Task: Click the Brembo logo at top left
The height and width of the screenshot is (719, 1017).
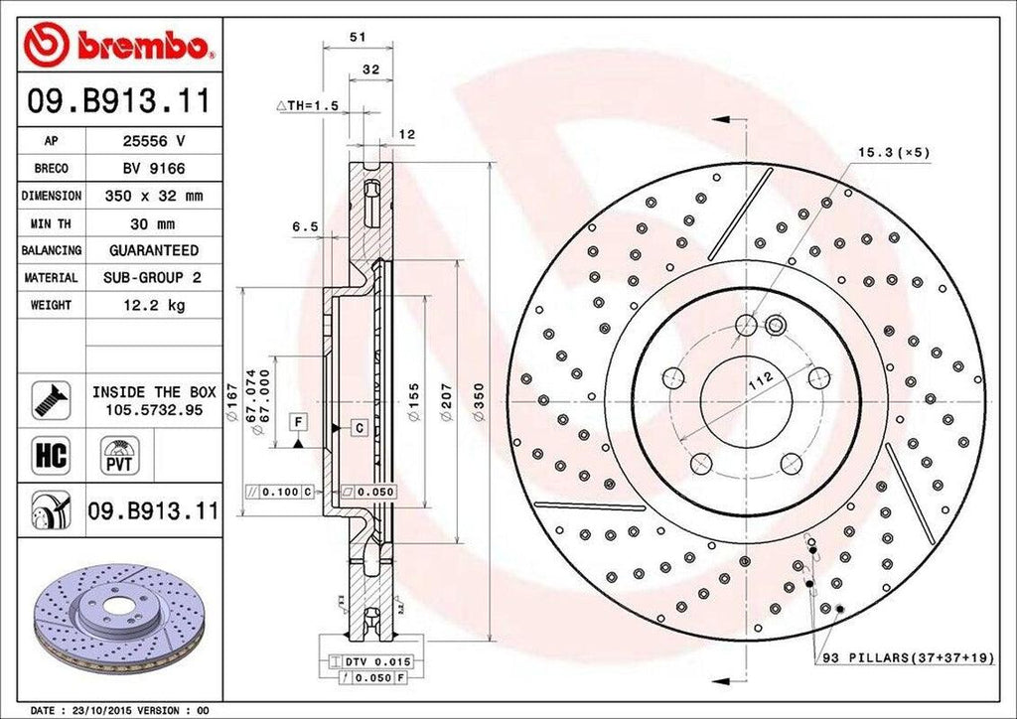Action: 118,44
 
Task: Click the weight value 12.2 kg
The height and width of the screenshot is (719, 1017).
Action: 153,305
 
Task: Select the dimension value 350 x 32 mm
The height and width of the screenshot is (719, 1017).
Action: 153,196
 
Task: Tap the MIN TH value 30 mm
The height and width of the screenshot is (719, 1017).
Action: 153,223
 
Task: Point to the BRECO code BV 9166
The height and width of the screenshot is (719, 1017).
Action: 153,169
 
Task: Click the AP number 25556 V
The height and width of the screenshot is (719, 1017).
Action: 153,141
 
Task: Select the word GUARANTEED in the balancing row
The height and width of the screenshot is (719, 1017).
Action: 153,250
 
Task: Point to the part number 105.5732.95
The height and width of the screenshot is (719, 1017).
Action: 153,409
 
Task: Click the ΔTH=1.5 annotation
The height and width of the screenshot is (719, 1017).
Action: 307,104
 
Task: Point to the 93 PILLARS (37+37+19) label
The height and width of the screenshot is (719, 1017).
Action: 906,658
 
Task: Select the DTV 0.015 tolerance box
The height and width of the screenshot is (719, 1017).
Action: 376,660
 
